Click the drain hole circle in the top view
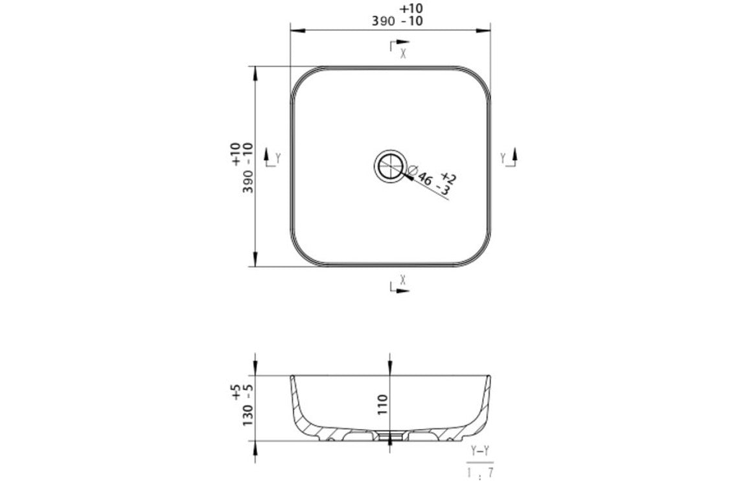coord(390,166)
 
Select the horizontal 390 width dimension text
coord(389,21)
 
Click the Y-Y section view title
coord(480,451)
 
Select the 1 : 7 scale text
coord(480,472)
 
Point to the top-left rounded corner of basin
coord(303,79)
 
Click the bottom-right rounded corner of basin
coord(478,253)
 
